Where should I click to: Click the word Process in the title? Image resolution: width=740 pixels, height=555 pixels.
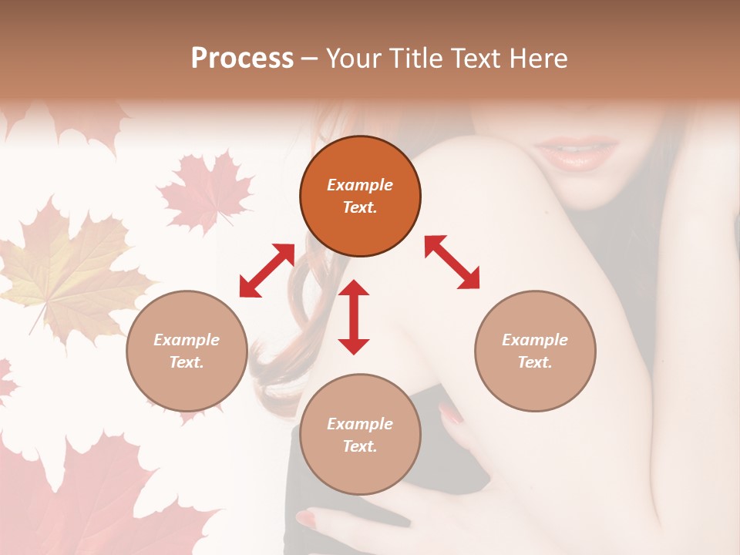tap(242, 59)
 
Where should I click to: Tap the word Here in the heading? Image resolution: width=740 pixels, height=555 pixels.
tap(537, 59)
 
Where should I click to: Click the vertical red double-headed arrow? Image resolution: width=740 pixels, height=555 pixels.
tap(354, 317)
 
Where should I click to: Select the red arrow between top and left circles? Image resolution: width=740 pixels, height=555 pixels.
tap(267, 271)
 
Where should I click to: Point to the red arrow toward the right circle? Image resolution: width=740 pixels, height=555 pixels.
tap(452, 262)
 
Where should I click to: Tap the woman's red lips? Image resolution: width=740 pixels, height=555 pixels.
tap(578, 153)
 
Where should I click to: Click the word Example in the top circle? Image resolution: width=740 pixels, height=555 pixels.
tap(360, 185)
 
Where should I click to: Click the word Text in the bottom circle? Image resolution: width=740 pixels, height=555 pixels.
tap(360, 446)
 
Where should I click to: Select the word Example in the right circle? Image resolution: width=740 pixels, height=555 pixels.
tap(535, 340)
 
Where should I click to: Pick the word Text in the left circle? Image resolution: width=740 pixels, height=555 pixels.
tap(187, 362)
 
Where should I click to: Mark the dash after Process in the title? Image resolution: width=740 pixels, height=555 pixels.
tap(309, 59)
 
